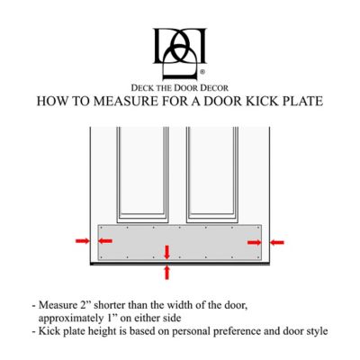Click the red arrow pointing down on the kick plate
coord(166,250)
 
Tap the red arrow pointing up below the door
coord(166,272)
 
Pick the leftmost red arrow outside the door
coord(82,240)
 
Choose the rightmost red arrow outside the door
coord(278,240)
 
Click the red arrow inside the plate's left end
coord(105,240)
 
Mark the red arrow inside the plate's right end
coord(255,240)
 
